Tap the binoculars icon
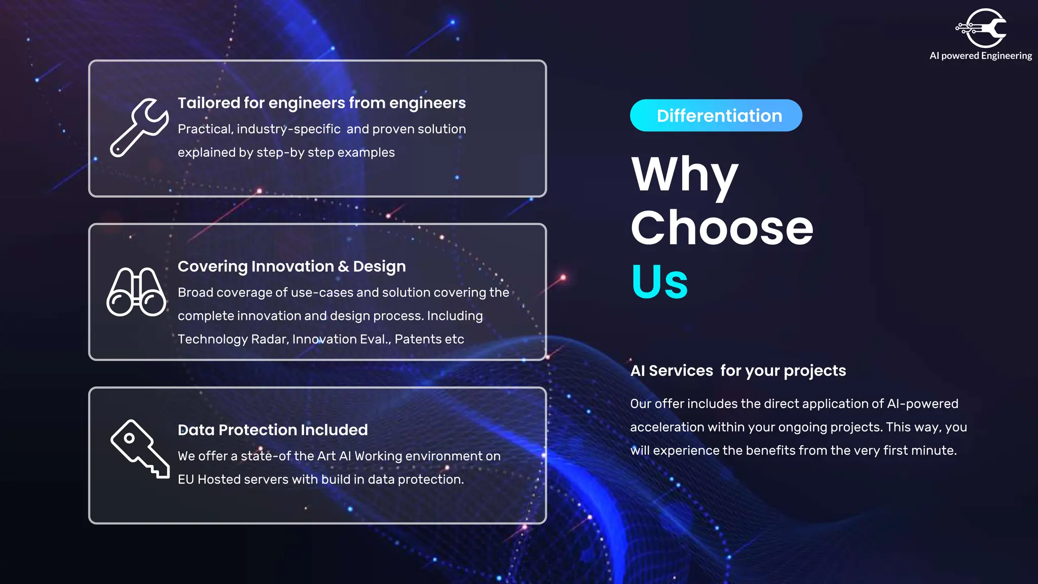pos(136,292)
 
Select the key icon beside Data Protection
pos(139,449)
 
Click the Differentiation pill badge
pos(716,116)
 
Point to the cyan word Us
pos(659,282)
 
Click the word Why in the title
pos(685,175)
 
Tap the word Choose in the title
pos(722,228)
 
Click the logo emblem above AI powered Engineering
pos(982,28)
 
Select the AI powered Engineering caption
pos(980,56)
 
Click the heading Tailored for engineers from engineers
pos(321,103)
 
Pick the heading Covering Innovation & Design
pos(291,266)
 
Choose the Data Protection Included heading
pos(273,430)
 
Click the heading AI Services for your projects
pos(738,371)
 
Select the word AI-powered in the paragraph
pos(922,404)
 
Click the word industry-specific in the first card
pos(288,129)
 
